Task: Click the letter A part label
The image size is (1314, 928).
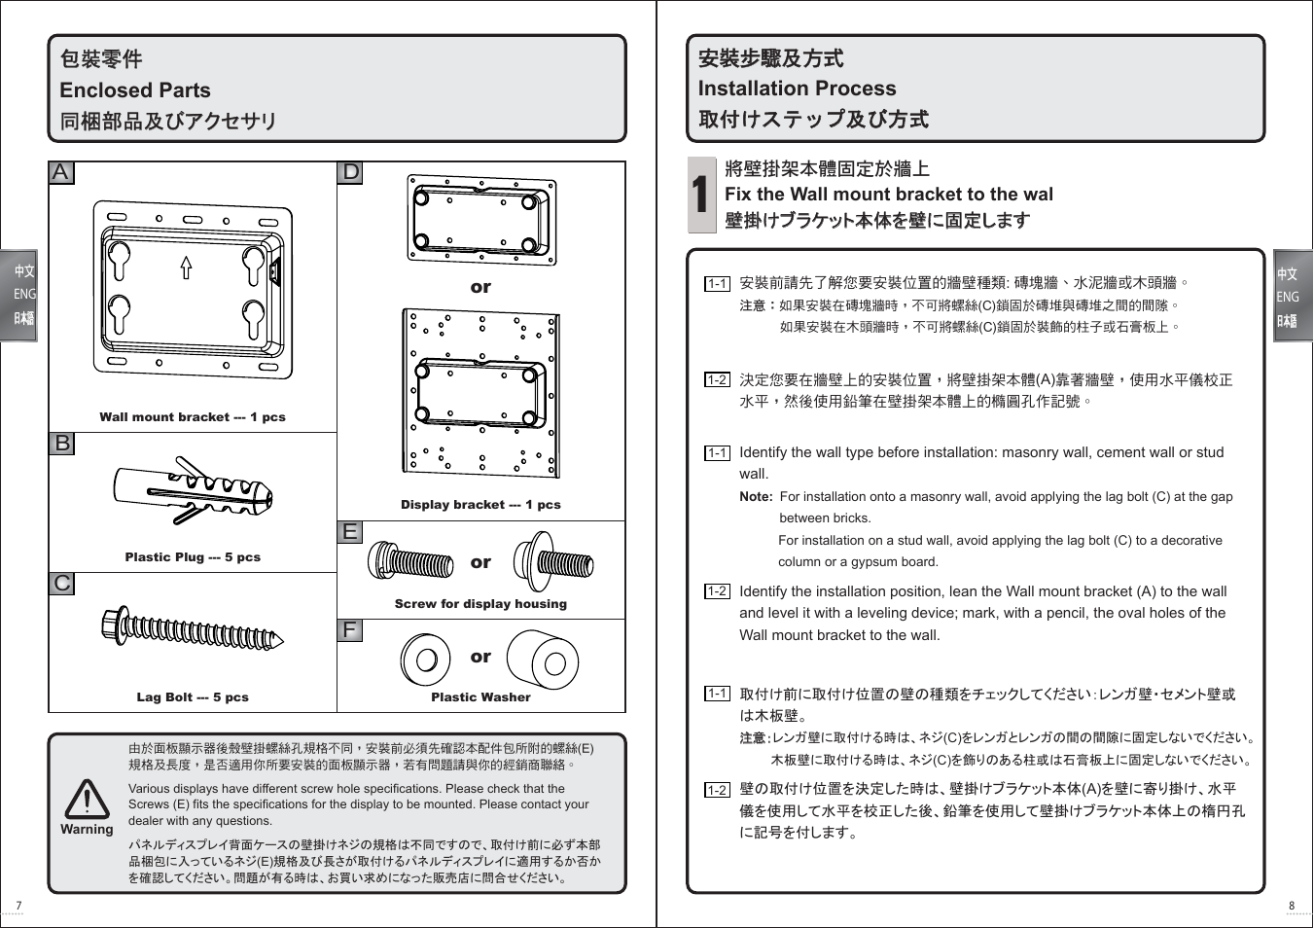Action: pos(60,173)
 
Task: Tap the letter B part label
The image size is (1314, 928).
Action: pos(61,444)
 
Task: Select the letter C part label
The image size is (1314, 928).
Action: pos(61,584)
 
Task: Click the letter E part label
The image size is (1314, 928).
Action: pos(350,532)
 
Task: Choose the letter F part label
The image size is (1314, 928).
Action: pos(350,630)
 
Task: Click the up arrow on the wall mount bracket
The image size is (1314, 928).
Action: pos(186,268)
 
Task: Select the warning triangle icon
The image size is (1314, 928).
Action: pos(87,800)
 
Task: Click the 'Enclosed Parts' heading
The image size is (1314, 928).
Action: pos(135,90)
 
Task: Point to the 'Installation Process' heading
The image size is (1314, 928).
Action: pos(797,89)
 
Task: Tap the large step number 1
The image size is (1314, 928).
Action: pos(701,195)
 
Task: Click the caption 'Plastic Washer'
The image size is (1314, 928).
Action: pos(480,697)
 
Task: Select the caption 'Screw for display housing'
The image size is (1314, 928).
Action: pos(480,604)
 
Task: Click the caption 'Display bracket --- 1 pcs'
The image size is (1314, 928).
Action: pos(480,505)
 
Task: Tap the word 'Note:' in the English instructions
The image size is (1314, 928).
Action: pos(756,497)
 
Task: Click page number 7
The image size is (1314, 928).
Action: pos(18,906)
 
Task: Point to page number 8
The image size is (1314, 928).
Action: pos(1292,906)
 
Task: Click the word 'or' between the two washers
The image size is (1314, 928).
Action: pos(480,658)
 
